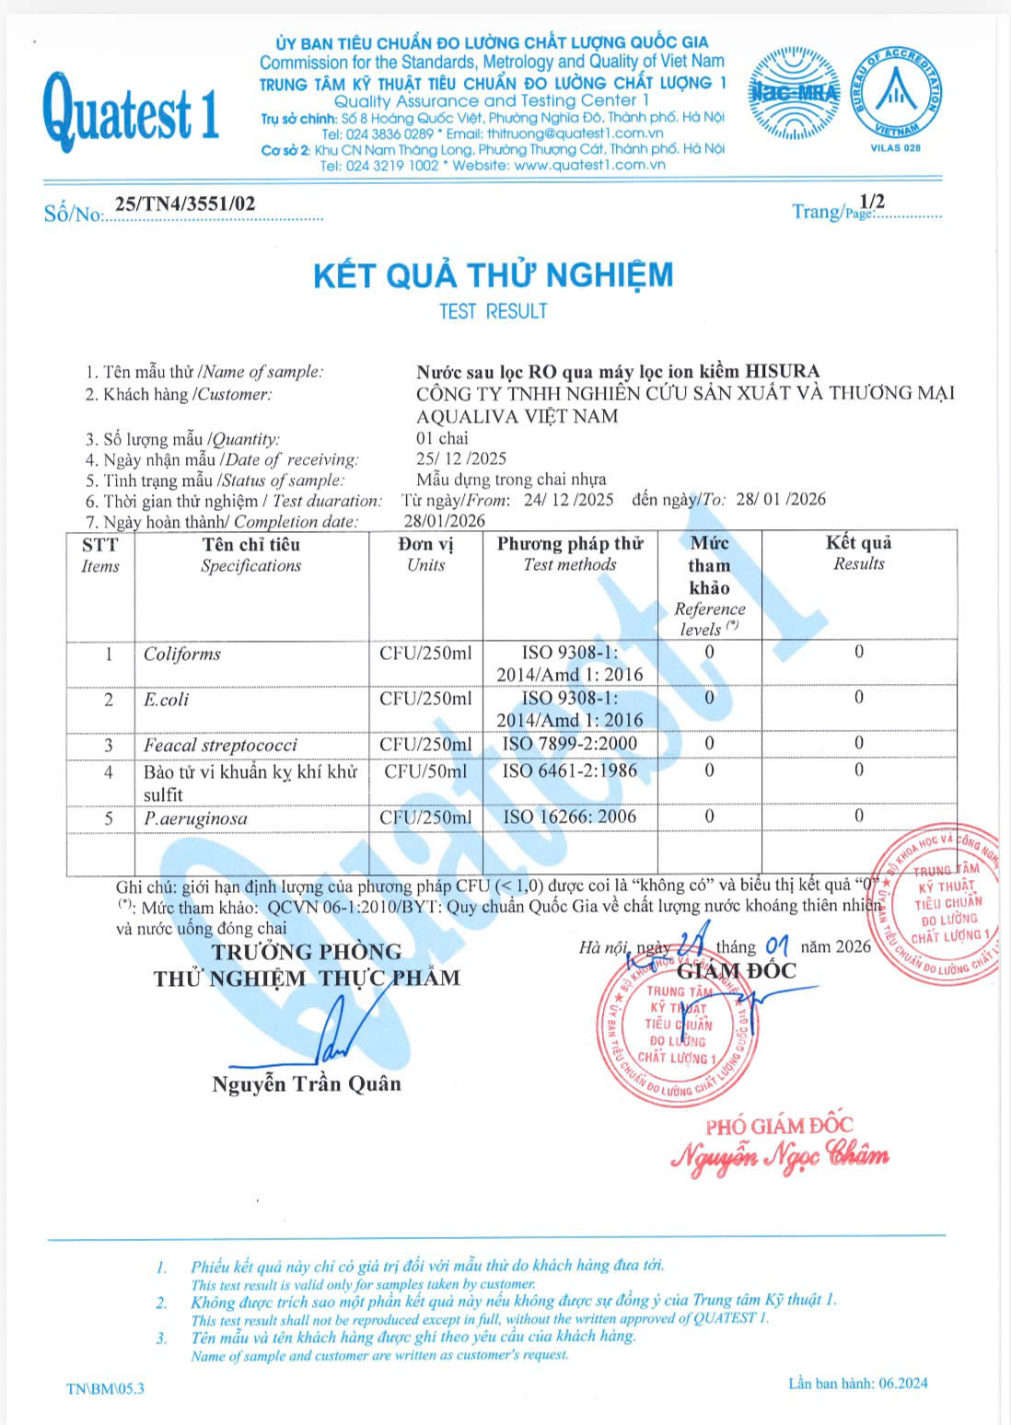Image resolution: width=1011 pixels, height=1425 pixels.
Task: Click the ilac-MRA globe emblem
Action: pyautogui.click(x=793, y=93)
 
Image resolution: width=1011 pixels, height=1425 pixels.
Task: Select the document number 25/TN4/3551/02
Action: pyautogui.click(x=185, y=204)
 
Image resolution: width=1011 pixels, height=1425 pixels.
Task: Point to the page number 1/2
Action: pyautogui.click(x=871, y=202)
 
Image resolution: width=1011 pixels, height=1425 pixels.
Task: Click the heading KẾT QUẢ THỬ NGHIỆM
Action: pyautogui.click(x=494, y=275)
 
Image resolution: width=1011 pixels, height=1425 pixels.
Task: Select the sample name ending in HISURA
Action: pyautogui.click(x=618, y=372)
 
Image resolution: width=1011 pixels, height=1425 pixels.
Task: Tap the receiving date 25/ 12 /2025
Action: pyautogui.click(x=461, y=458)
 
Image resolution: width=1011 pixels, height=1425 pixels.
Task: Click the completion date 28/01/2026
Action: pyautogui.click(x=445, y=521)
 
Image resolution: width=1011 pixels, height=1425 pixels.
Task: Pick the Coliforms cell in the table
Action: pyautogui.click(x=182, y=655)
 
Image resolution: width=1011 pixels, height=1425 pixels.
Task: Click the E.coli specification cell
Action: pyautogui.click(x=167, y=700)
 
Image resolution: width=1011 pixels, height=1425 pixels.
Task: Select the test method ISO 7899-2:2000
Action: pyautogui.click(x=570, y=744)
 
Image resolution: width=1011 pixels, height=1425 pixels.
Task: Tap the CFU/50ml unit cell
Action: pyautogui.click(x=425, y=771)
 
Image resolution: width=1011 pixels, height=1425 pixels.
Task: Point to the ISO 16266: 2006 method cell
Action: pyautogui.click(x=570, y=817)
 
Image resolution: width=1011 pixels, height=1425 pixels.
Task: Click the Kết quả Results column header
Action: pyautogui.click(x=858, y=553)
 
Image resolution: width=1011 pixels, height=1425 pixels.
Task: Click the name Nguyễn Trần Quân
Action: pyautogui.click(x=307, y=1083)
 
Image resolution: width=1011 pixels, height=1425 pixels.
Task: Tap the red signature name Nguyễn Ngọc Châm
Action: pyautogui.click(x=780, y=1155)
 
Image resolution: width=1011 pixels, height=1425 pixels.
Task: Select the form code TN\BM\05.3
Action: pyautogui.click(x=106, y=1388)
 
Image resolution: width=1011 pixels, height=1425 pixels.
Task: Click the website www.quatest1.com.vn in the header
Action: pyautogui.click(x=589, y=166)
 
